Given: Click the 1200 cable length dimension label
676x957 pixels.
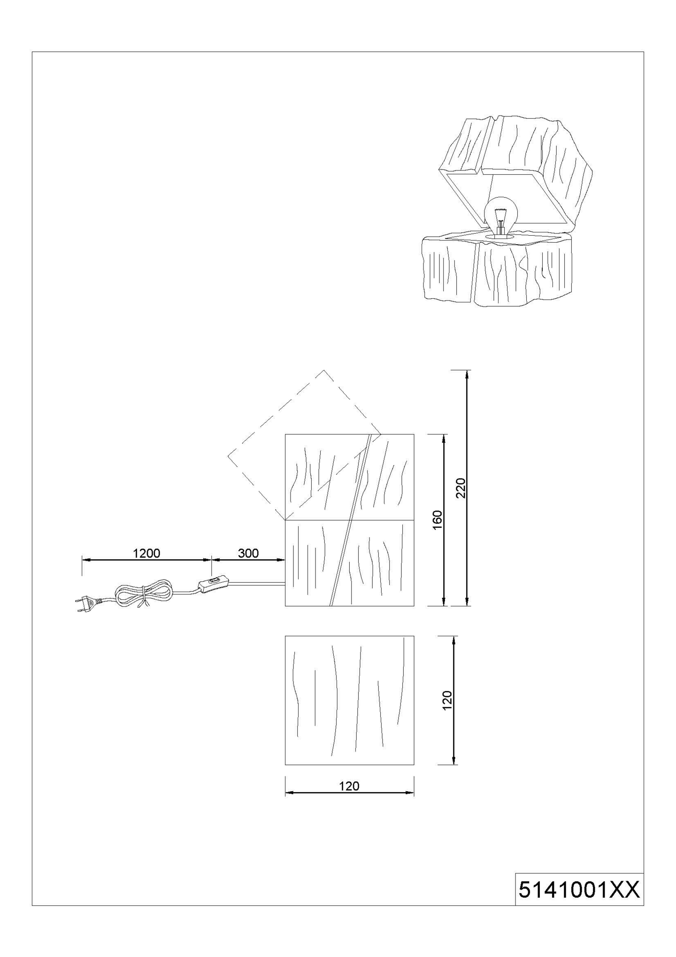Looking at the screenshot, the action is (x=146, y=553).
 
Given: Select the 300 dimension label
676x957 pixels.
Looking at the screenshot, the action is (x=248, y=553).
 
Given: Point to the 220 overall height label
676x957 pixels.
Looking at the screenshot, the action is (x=461, y=488).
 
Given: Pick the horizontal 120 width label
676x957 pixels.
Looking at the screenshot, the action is (x=349, y=786).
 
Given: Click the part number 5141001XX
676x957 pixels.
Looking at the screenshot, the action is (x=579, y=889).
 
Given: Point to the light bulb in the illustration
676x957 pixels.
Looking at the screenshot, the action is (x=501, y=216).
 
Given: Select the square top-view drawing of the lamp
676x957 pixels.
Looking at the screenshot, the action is (x=350, y=700).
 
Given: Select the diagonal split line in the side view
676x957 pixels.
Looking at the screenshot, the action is (x=351, y=520).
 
